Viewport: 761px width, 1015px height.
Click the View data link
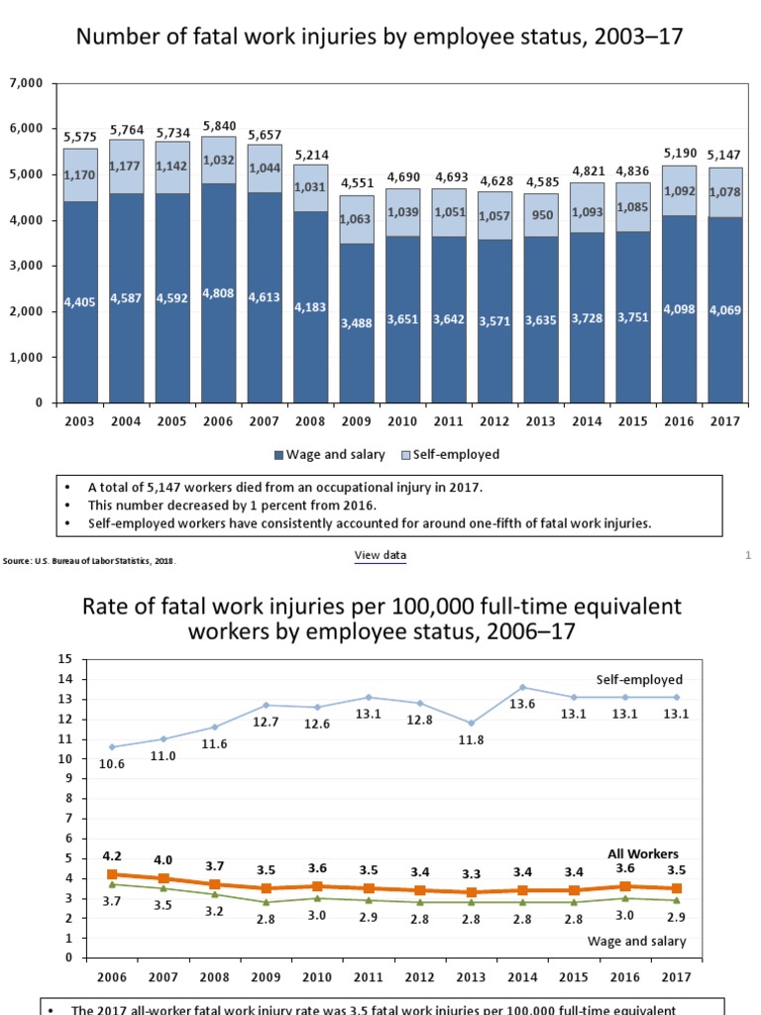click(x=380, y=556)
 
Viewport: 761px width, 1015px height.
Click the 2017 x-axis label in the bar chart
click(x=723, y=420)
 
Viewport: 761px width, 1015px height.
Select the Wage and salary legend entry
click(x=326, y=454)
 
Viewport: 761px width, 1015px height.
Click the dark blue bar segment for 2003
click(x=79, y=302)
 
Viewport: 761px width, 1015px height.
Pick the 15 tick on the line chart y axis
click(x=66, y=658)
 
